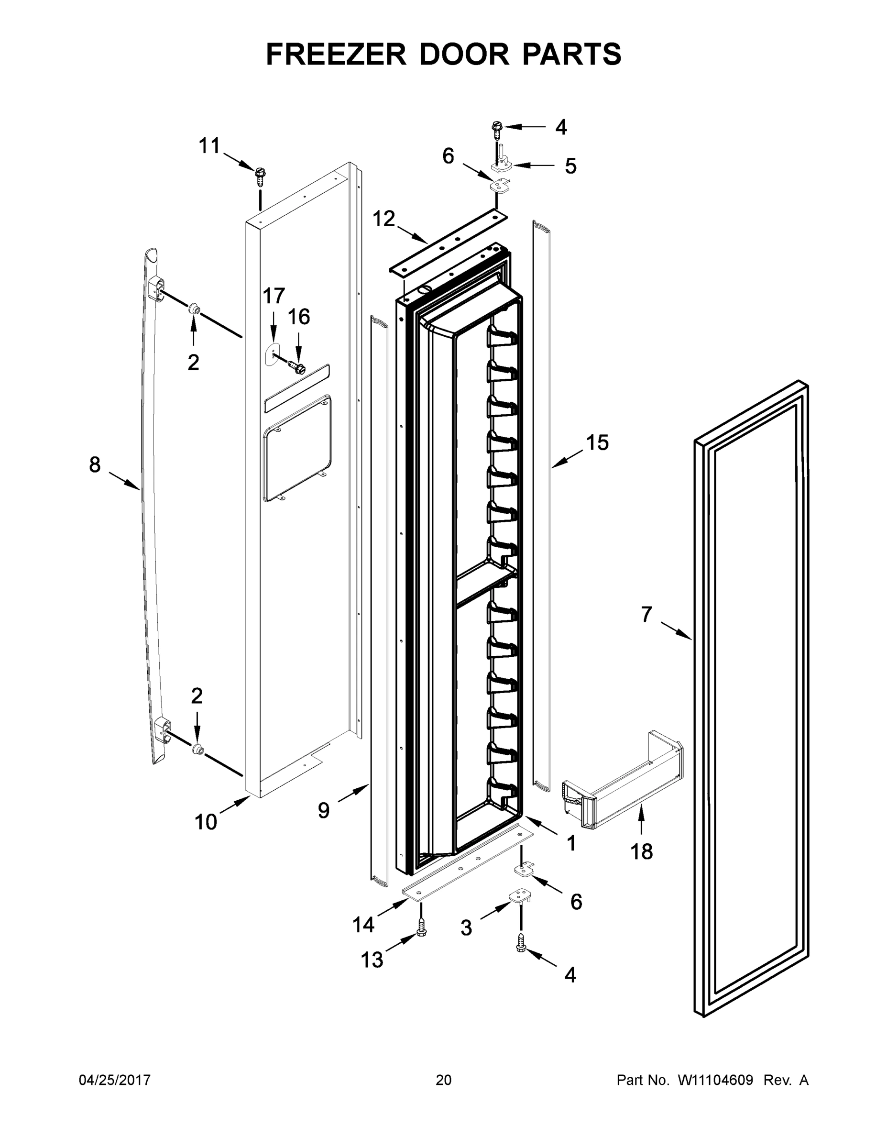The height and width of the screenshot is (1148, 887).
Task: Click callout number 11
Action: [209, 145]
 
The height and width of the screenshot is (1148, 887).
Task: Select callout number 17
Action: [274, 297]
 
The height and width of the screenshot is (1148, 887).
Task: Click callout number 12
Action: [383, 219]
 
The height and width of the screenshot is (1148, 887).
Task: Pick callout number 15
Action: [597, 442]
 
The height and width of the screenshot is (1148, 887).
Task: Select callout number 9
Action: [324, 810]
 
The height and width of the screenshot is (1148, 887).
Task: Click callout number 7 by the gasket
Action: [646, 614]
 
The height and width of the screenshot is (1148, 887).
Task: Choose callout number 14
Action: [363, 924]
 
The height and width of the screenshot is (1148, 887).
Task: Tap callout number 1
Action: [571, 843]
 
